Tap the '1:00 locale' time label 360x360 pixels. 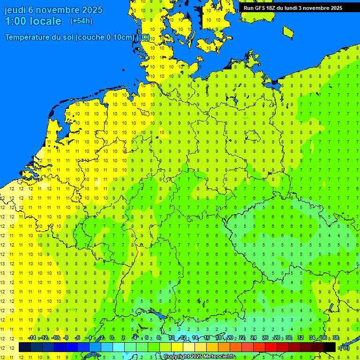(x=33, y=21)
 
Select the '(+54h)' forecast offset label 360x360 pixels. (x=81, y=21)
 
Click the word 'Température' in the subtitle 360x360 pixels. (x=29, y=37)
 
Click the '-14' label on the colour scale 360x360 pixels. (x=32, y=338)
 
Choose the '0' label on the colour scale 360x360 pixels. (x=112, y=338)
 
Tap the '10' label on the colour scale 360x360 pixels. (x=171, y=338)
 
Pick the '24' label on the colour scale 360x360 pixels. (x=253, y=338)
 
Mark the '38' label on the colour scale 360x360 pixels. (x=336, y=338)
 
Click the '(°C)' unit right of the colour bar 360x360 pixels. (x=345, y=348)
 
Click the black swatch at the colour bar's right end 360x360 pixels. (x=330, y=347)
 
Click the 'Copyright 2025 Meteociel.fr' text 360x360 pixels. (x=199, y=357)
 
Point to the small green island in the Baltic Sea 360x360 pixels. (x=288, y=31)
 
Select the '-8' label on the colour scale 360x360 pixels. (x=66, y=338)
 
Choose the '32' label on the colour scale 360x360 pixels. (x=300, y=338)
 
